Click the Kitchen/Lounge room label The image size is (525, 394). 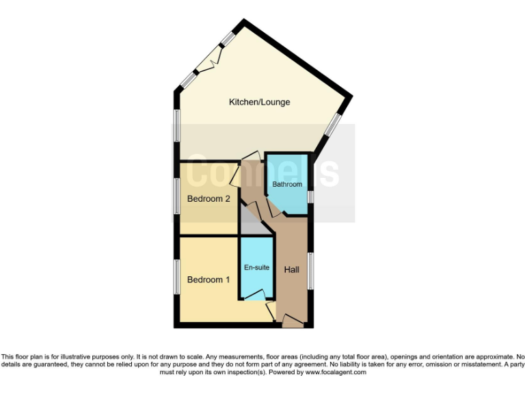(259, 102)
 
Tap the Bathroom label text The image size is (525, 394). (287, 185)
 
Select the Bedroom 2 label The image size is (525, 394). (208, 199)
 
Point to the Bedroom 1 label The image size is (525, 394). (208, 280)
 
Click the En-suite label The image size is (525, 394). (257, 267)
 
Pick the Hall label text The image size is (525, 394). (292, 270)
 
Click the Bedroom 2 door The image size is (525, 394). (236, 176)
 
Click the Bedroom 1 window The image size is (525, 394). (175, 276)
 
